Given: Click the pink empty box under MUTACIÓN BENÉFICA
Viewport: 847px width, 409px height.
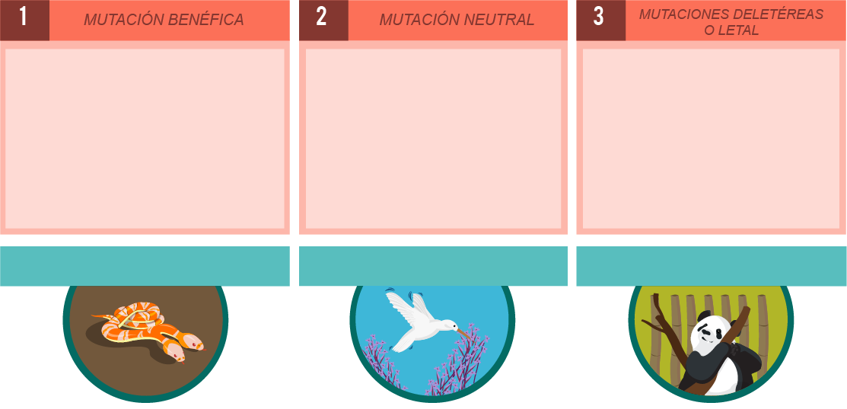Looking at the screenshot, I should (x=145, y=138).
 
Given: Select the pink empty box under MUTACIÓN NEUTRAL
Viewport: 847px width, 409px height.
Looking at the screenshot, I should (x=433, y=138).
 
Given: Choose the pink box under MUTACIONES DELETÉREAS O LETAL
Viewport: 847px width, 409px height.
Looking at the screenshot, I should (x=711, y=138).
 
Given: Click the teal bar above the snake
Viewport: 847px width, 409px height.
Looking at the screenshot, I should (x=145, y=266).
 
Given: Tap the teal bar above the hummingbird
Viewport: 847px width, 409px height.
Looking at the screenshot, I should (x=433, y=266).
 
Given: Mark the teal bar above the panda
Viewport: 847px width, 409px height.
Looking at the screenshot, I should (x=711, y=266).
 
